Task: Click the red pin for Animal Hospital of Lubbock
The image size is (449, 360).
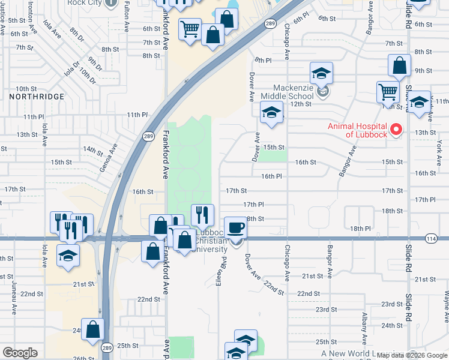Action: [396, 130]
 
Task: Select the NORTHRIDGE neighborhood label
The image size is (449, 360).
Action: [37, 96]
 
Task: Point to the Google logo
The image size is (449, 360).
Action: [20, 353]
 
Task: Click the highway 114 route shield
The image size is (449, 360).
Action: [430, 238]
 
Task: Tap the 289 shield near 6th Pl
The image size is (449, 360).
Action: [271, 23]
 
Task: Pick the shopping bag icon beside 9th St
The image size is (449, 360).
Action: [399, 65]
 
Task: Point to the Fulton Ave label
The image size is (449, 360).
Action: [127, 16]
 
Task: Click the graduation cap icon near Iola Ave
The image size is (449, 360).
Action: [68, 254]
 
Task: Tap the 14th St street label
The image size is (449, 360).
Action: [93, 149]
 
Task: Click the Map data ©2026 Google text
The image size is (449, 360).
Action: [411, 355]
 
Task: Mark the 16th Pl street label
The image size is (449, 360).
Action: [271, 176]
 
